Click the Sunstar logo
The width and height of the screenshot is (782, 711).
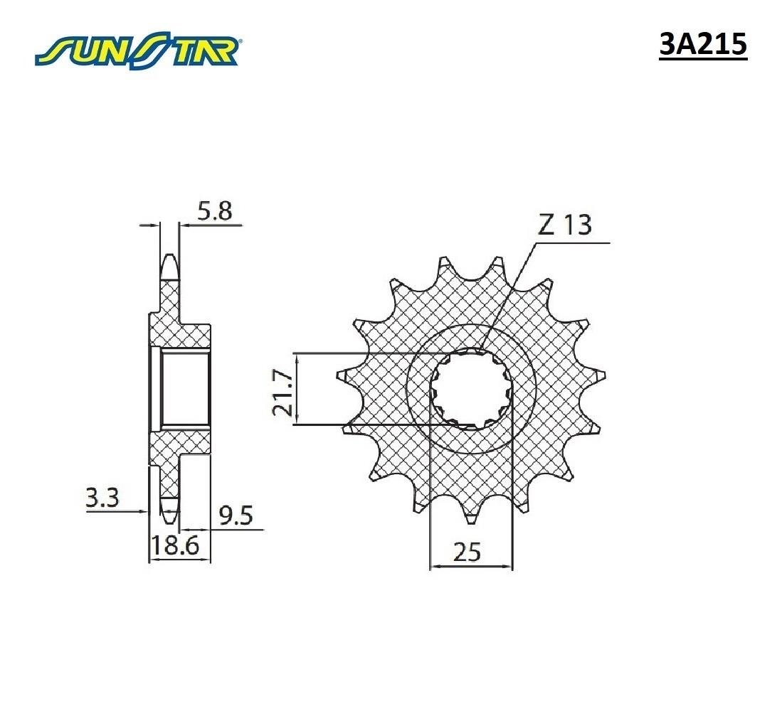139,50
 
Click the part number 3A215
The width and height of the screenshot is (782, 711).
702,45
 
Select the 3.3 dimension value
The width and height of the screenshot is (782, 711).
101,497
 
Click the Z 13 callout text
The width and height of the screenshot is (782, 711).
564,225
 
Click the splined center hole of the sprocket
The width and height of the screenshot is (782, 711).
470,389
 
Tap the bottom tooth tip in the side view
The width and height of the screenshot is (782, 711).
169,509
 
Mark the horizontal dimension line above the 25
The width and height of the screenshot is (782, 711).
471,567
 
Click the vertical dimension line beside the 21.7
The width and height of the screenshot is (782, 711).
299,389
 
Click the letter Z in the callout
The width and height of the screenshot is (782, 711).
546,225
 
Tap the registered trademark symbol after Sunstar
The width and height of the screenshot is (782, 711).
241,41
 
